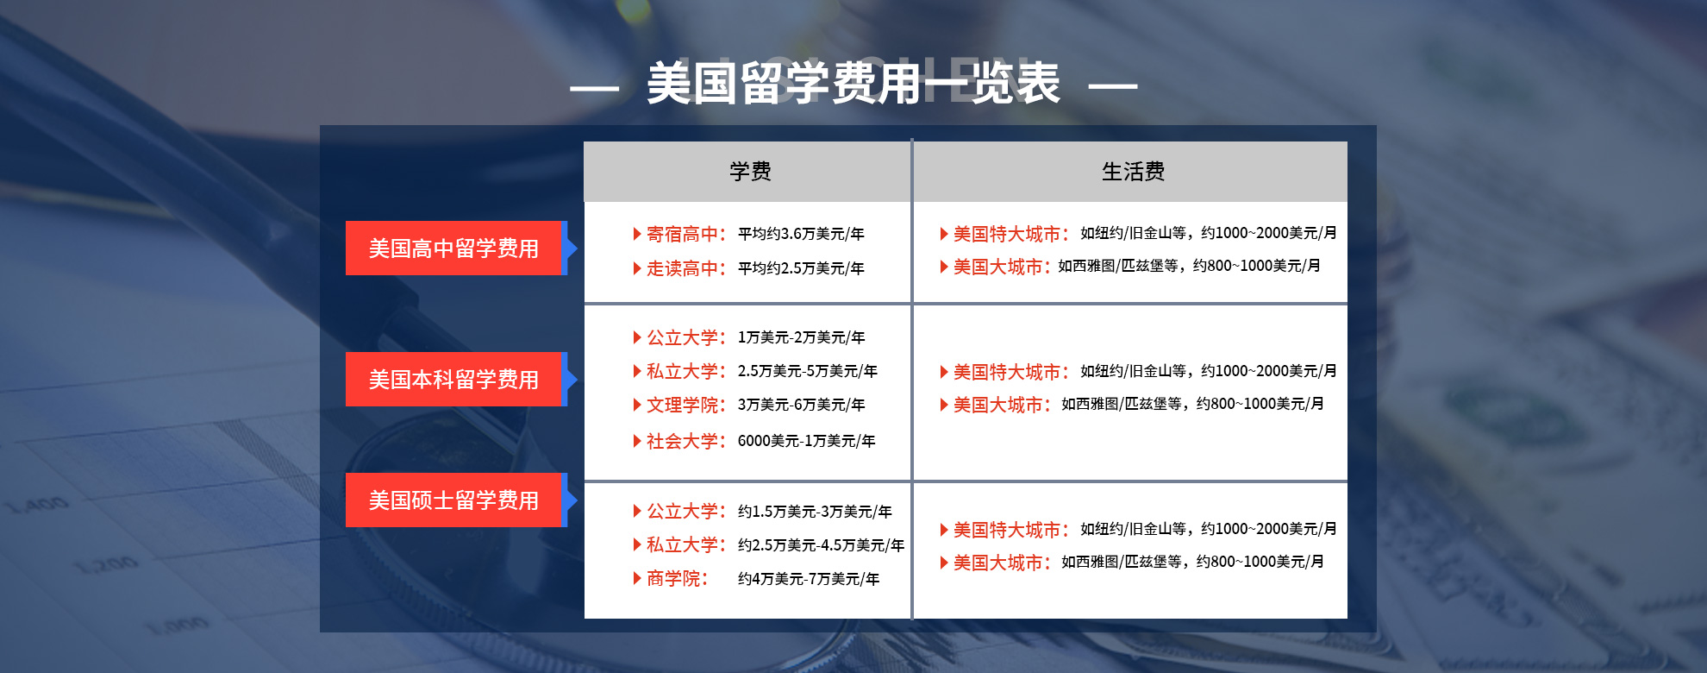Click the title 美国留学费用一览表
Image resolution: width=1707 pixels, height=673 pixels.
click(853, 84)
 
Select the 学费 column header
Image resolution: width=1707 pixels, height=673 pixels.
click(750, 172)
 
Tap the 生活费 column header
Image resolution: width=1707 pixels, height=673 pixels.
click(1133, 172)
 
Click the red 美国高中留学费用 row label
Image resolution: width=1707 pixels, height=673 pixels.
click(453, 248)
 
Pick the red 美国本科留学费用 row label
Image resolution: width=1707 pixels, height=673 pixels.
click(453, 380)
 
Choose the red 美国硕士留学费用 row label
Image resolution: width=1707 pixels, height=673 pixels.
click(453, 500)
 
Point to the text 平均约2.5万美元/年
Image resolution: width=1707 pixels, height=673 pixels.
click(801, 268)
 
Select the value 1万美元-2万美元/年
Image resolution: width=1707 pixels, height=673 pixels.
click(801, 337)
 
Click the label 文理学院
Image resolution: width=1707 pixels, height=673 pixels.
click(682, 405)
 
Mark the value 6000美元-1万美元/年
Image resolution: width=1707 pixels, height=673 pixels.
click(806, 441)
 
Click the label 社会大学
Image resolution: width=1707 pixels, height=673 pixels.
click(682, 441)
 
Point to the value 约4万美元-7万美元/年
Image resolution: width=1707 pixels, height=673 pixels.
click(809, 579)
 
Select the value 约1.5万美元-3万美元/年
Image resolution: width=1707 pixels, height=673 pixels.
click(815, 512)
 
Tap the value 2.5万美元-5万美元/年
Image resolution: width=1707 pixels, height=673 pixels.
click(808, 371)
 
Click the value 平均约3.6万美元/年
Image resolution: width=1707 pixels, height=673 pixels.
click(801, 234)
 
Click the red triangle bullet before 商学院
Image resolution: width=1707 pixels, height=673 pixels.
click(637, 578)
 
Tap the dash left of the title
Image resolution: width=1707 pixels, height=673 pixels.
click(594, 87)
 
